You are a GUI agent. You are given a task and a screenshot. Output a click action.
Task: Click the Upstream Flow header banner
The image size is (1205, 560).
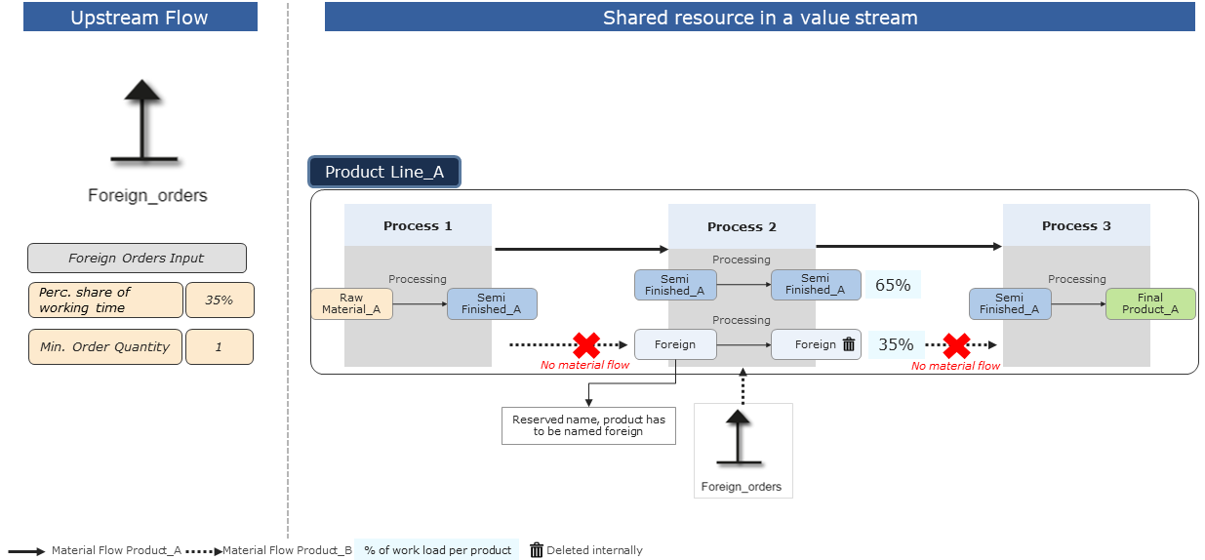tap(140, 18)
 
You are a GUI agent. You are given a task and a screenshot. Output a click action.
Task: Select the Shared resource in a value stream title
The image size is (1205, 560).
tap(759, 18)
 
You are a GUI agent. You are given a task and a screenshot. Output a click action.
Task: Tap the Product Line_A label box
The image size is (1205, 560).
tap(383, 173)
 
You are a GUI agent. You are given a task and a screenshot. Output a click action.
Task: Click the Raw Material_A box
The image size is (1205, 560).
tap(351, 304)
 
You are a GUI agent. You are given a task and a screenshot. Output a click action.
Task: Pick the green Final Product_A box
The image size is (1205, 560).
tap(1149, 304)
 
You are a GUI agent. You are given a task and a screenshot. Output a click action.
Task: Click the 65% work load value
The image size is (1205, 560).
tap(893, 285)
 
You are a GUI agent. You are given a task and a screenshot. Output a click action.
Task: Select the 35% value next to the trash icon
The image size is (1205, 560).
tap(896, 344)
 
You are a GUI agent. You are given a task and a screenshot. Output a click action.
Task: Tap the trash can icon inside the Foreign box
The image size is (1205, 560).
tap(849, 344)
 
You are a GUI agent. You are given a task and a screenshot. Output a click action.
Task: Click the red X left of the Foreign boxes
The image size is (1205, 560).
tap(585, 344)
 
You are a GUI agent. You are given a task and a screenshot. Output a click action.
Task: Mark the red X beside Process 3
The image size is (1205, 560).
tap(956, 344)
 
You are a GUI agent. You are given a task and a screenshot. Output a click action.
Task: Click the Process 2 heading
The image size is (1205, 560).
tap(742, 226)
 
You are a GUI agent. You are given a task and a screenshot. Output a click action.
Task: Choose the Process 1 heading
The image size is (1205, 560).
tap(418, 225)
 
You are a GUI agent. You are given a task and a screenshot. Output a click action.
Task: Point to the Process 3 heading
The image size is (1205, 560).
tap(1076, 225)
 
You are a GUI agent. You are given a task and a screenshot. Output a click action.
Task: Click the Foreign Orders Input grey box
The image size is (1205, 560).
tap(137, 259)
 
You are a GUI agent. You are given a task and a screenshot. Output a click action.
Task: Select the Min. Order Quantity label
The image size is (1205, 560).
tap(105, 347)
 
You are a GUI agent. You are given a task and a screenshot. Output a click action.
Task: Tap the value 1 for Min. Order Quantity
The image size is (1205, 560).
tap(219, 347)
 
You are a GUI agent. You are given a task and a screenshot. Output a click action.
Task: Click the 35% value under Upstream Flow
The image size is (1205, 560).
tap(219, 300)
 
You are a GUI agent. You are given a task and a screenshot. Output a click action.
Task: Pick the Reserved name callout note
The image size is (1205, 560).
tap(588, 425)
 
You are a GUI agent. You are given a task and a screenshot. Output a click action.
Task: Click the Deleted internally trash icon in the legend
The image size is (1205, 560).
tap(536, 550)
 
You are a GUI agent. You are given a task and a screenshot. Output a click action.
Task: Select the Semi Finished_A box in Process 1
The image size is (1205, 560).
tap(492, 304)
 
